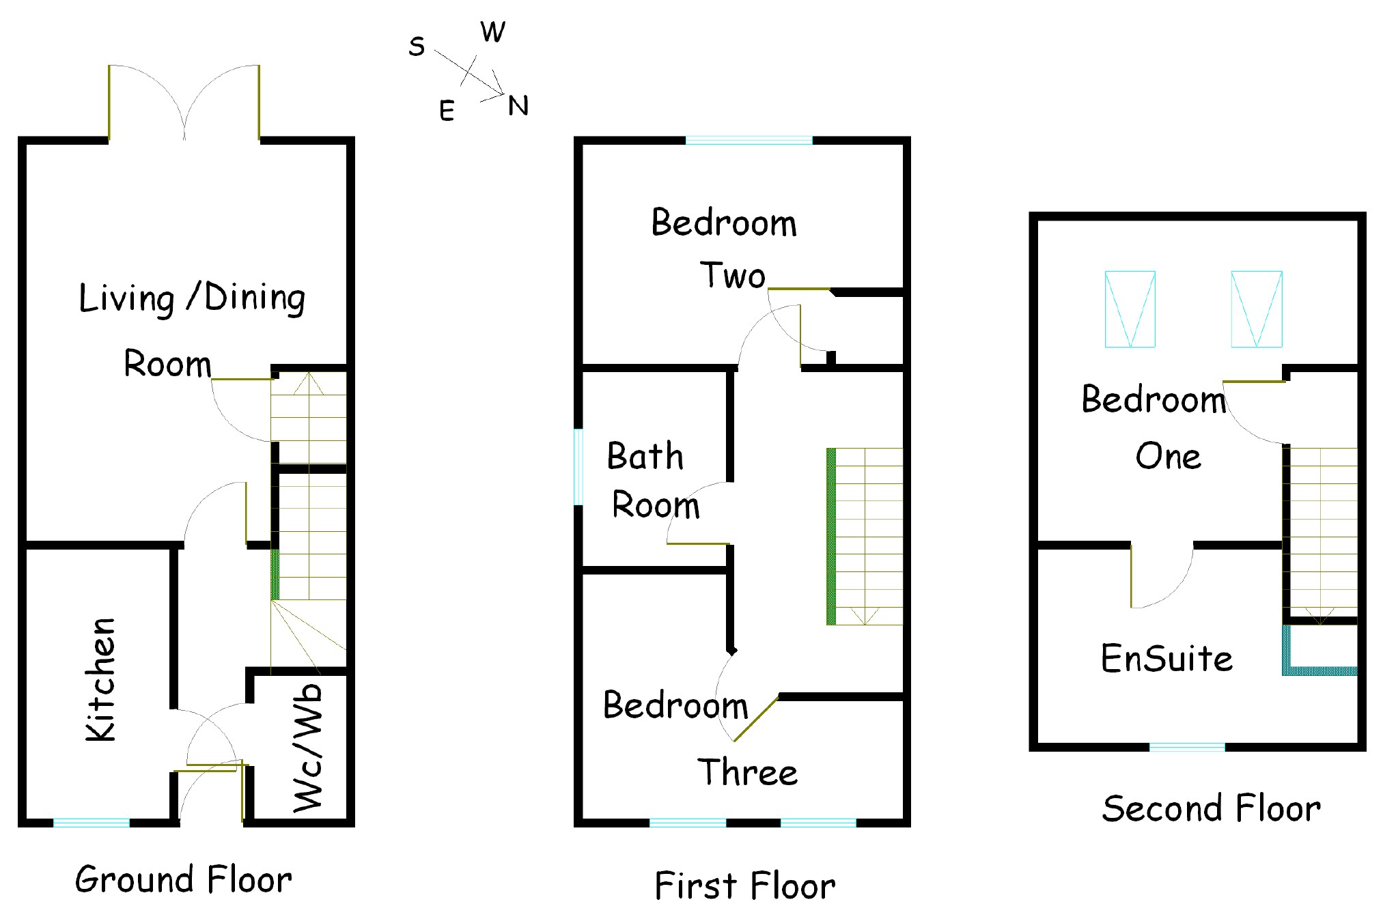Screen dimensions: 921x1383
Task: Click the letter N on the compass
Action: [518, 106]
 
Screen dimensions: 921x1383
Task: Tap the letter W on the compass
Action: [492, 32]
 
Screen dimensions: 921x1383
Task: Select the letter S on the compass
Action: [417, 46]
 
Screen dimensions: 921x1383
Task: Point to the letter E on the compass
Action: [447, 111]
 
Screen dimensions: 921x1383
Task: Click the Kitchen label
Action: [100, 679]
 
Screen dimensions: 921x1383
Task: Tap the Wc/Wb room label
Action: [307, 748]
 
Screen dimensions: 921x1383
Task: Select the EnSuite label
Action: [1167, 659]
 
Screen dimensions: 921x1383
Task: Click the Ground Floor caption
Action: [183, 879]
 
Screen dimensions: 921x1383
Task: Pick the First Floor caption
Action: [744, 886]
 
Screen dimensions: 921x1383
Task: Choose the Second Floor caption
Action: [1211, 809]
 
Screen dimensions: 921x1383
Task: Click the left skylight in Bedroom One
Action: [1130, 309]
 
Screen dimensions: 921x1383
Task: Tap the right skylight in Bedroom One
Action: [1256, 309]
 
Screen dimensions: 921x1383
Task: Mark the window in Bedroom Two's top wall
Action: [749, 141]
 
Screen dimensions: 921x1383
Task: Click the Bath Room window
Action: [578, 467]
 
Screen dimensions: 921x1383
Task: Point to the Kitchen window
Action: [92, 823]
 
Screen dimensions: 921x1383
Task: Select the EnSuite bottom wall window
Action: [1187, 748]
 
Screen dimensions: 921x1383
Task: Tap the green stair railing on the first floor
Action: [831, 537]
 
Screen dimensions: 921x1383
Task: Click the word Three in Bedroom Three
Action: [747, 773]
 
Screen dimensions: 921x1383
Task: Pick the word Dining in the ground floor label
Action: [254, 298]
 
